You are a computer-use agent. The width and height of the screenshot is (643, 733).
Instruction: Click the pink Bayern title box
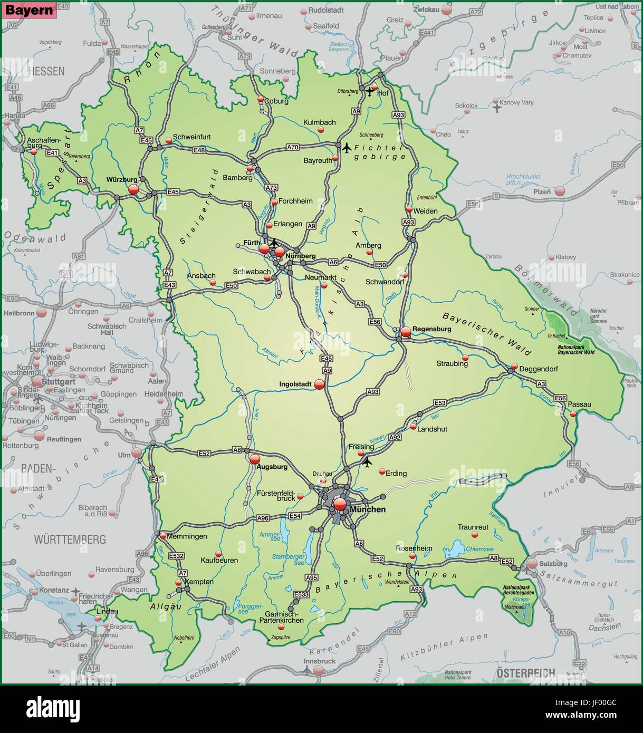coord(29,10)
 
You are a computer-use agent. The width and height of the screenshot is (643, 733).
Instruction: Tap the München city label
coord(368,509)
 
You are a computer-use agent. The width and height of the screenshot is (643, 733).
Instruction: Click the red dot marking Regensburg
coord(405,332)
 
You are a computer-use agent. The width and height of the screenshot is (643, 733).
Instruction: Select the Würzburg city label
coord(122,179)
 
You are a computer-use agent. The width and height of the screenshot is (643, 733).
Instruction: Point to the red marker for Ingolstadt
coord(319,385)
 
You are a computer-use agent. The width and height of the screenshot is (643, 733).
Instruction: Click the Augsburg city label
coord(272,467)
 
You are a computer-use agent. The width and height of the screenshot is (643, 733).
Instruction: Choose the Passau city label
coord(580,404)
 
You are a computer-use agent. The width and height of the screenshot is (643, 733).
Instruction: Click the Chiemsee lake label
coord(479,549)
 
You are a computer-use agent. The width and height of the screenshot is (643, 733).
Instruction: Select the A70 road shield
coord(292,147)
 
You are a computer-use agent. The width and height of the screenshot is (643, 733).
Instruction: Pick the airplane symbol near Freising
coord(367,462)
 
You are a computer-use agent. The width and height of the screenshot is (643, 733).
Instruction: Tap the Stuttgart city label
coord(60,381)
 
